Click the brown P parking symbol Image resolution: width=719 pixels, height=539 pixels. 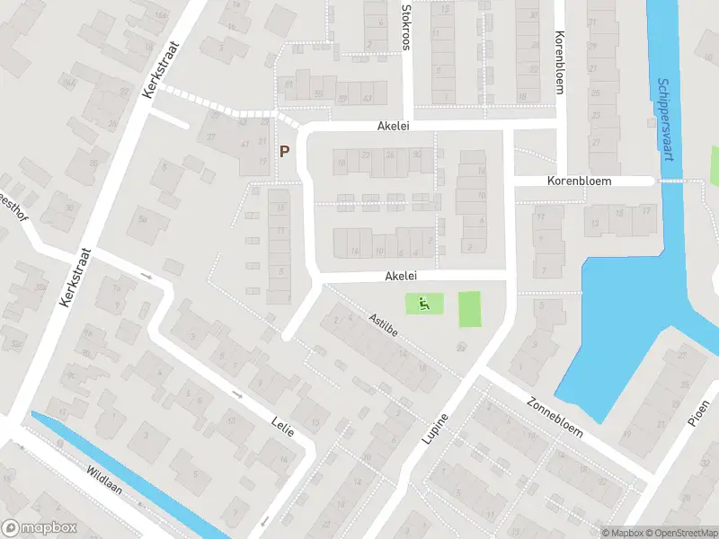(x=285, y=152)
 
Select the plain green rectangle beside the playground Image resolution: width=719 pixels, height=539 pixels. (x=470, y=309)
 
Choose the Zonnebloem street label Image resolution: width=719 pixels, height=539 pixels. (x=556, y=418)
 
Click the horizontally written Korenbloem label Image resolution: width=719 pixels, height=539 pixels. (x=579, y=181)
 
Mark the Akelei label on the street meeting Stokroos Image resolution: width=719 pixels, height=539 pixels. (x=394, y=128)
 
